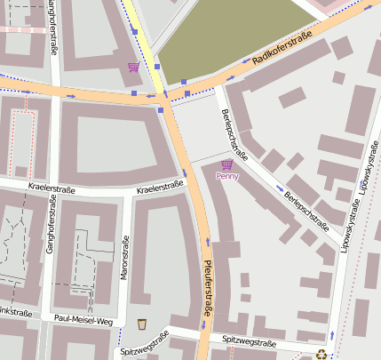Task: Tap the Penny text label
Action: pos(227,176)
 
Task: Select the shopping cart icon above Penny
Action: pos(227,164)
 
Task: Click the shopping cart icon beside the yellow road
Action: pos(134,67)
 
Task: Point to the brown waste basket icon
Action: pos(142,324)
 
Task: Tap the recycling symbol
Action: pos(321,355)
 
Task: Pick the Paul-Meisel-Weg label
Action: pos(83,319)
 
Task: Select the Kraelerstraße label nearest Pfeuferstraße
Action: pos(160,187)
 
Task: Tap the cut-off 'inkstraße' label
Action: pos(15,313)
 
